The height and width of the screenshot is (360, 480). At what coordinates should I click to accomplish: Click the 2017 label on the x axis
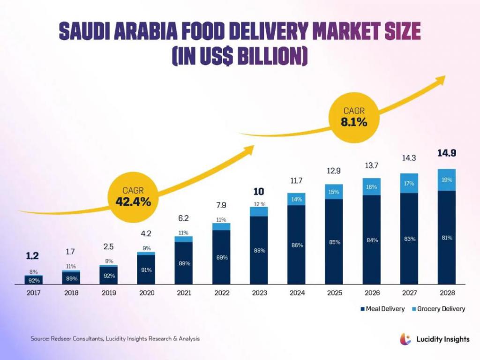34,293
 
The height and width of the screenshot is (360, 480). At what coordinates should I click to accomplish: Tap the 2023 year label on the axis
259,293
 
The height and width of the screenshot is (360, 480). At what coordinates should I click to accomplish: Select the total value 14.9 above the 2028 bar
447,153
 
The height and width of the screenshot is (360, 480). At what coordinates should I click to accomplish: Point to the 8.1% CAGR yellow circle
354,117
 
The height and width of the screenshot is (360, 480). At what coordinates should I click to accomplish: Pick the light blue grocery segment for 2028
446,180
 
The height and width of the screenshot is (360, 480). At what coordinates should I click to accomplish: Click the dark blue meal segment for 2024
296,245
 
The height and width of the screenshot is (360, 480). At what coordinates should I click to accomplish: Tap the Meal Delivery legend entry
382,309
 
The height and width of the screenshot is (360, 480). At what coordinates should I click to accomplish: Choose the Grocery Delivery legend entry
439,309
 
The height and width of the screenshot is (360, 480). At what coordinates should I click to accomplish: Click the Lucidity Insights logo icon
405,338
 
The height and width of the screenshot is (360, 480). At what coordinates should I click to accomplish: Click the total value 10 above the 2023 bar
259,191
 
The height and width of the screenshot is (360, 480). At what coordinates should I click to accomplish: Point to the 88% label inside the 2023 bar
259,250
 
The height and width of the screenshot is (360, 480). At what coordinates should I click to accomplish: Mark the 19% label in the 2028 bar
446,179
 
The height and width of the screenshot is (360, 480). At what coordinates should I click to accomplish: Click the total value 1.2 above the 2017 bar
33,256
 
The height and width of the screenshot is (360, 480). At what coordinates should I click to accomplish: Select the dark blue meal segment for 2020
146,270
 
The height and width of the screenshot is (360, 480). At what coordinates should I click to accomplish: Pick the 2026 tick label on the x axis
371,293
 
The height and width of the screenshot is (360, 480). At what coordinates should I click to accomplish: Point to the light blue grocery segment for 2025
334,192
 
